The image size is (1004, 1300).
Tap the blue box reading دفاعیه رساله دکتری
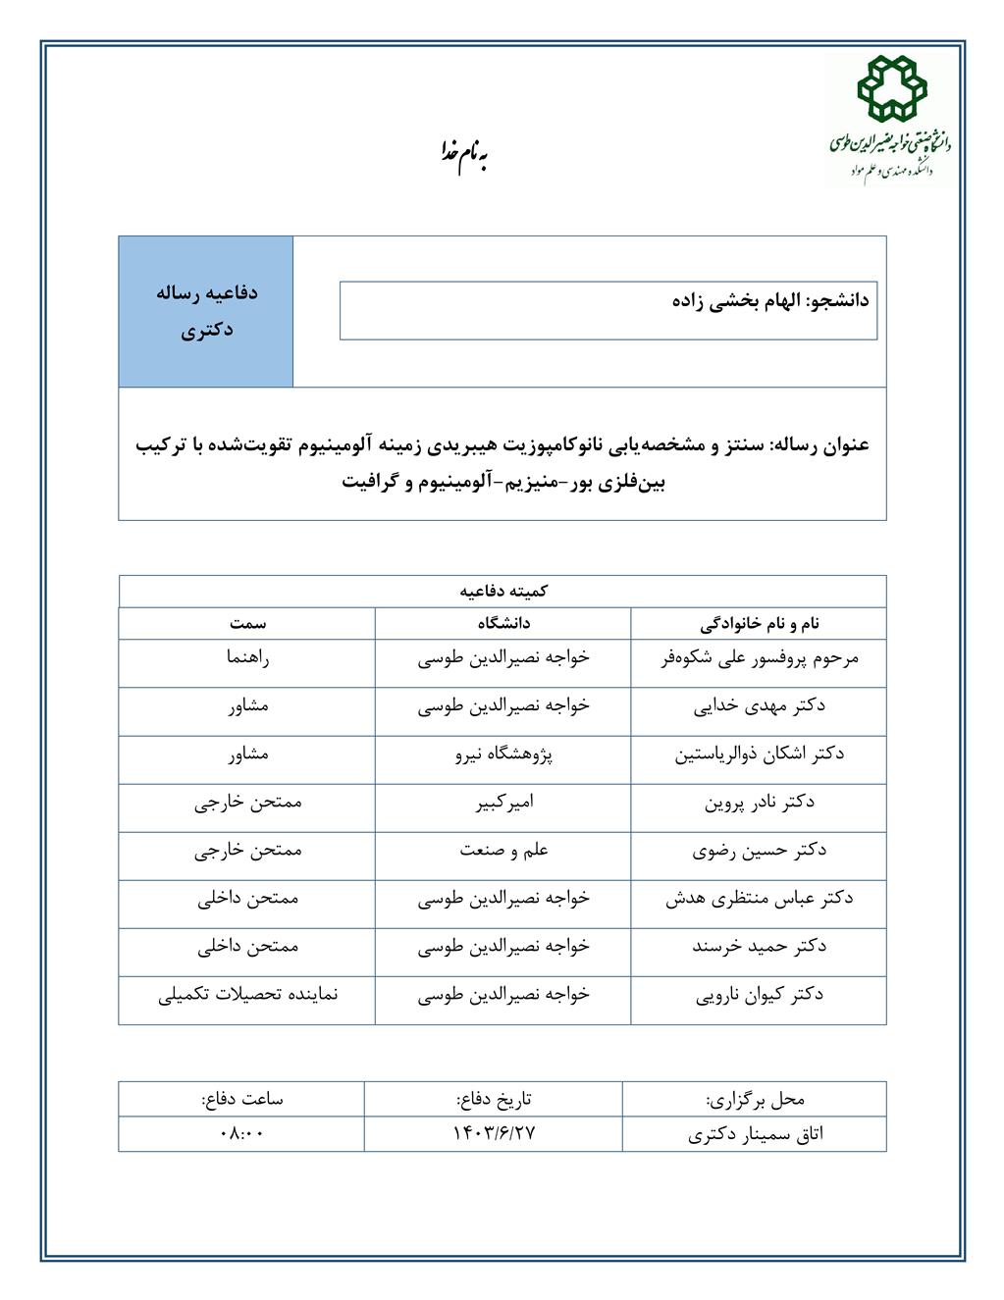pyautogui.click(x=206, y=311)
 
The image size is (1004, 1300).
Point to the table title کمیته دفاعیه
pyautogui.click(x=503, y=592)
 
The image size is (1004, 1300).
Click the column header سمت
pyautogui.click(x=248, y=623)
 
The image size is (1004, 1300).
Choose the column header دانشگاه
pyautogui.click(x=503, y=623)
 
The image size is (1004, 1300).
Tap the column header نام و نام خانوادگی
pyautogui.click(x=760, y=623)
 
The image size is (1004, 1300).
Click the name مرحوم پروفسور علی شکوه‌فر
pyautogui.click(x=760, y=658)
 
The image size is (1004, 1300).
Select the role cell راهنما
pyautogui.click(x=248, y=658)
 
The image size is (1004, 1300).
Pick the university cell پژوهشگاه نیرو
pyautogui.click(x=503, y=754)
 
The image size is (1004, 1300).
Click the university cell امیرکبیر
pyautogui.click(x=503, y=803)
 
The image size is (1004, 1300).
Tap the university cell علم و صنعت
pyautogui.click(x=503, y=851)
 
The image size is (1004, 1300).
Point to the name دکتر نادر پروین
pyautogui.click(x=760, y=803)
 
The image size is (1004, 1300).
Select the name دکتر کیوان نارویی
pyautogui.click(x=760, y=995)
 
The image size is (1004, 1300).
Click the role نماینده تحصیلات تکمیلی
pyautogui.click(x=248, y=995)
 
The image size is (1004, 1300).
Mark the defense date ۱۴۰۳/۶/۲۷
pyautogui.click(x=495, y=1133)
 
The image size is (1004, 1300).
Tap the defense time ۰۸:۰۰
pyautogui.click(x=242, y=1133)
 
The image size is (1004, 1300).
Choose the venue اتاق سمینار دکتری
pyautogui.click(x=756, y=1134)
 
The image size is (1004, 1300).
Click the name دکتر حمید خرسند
pyautogui.click(x=760, y=947)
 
